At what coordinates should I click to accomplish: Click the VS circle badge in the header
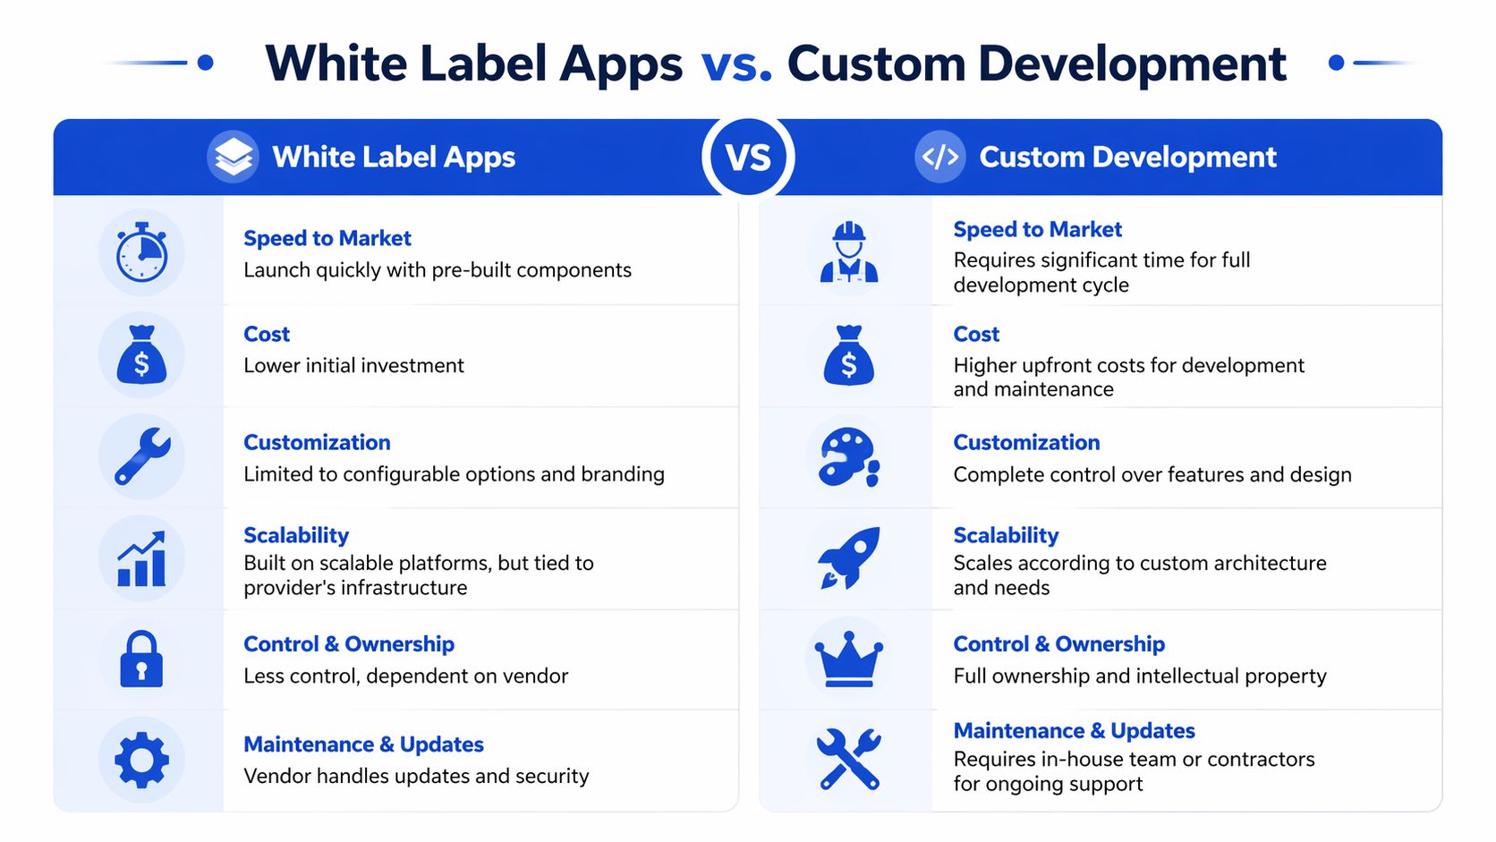tap(748, 157)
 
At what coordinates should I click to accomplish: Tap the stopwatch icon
tap(141, 253)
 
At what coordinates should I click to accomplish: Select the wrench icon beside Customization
tap(142, 456)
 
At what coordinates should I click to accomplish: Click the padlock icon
tap(141, 659)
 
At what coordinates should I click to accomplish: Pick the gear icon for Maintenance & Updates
tap(141, 760)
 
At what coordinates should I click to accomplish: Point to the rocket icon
tap(849, 557)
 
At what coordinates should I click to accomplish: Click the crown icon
tap(848, 659)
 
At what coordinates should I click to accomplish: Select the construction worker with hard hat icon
tap(849, 253)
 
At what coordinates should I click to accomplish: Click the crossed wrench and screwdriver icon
tap(849, 760)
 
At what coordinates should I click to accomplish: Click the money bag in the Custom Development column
tap(848, 355)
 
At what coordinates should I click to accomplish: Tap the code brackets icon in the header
tap(940, 157)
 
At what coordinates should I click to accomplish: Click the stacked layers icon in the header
tap(234, 157)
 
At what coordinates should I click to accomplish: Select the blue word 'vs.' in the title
tap(735, 64)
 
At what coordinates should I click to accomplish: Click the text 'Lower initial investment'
tap(353, 366)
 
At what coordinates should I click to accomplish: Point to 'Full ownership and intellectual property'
tap(1139, 676)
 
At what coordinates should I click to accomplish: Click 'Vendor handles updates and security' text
tap(416, 777)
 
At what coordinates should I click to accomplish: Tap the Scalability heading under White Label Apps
tap(296, 535)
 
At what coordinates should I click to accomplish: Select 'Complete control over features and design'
tap(1152, 475)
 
